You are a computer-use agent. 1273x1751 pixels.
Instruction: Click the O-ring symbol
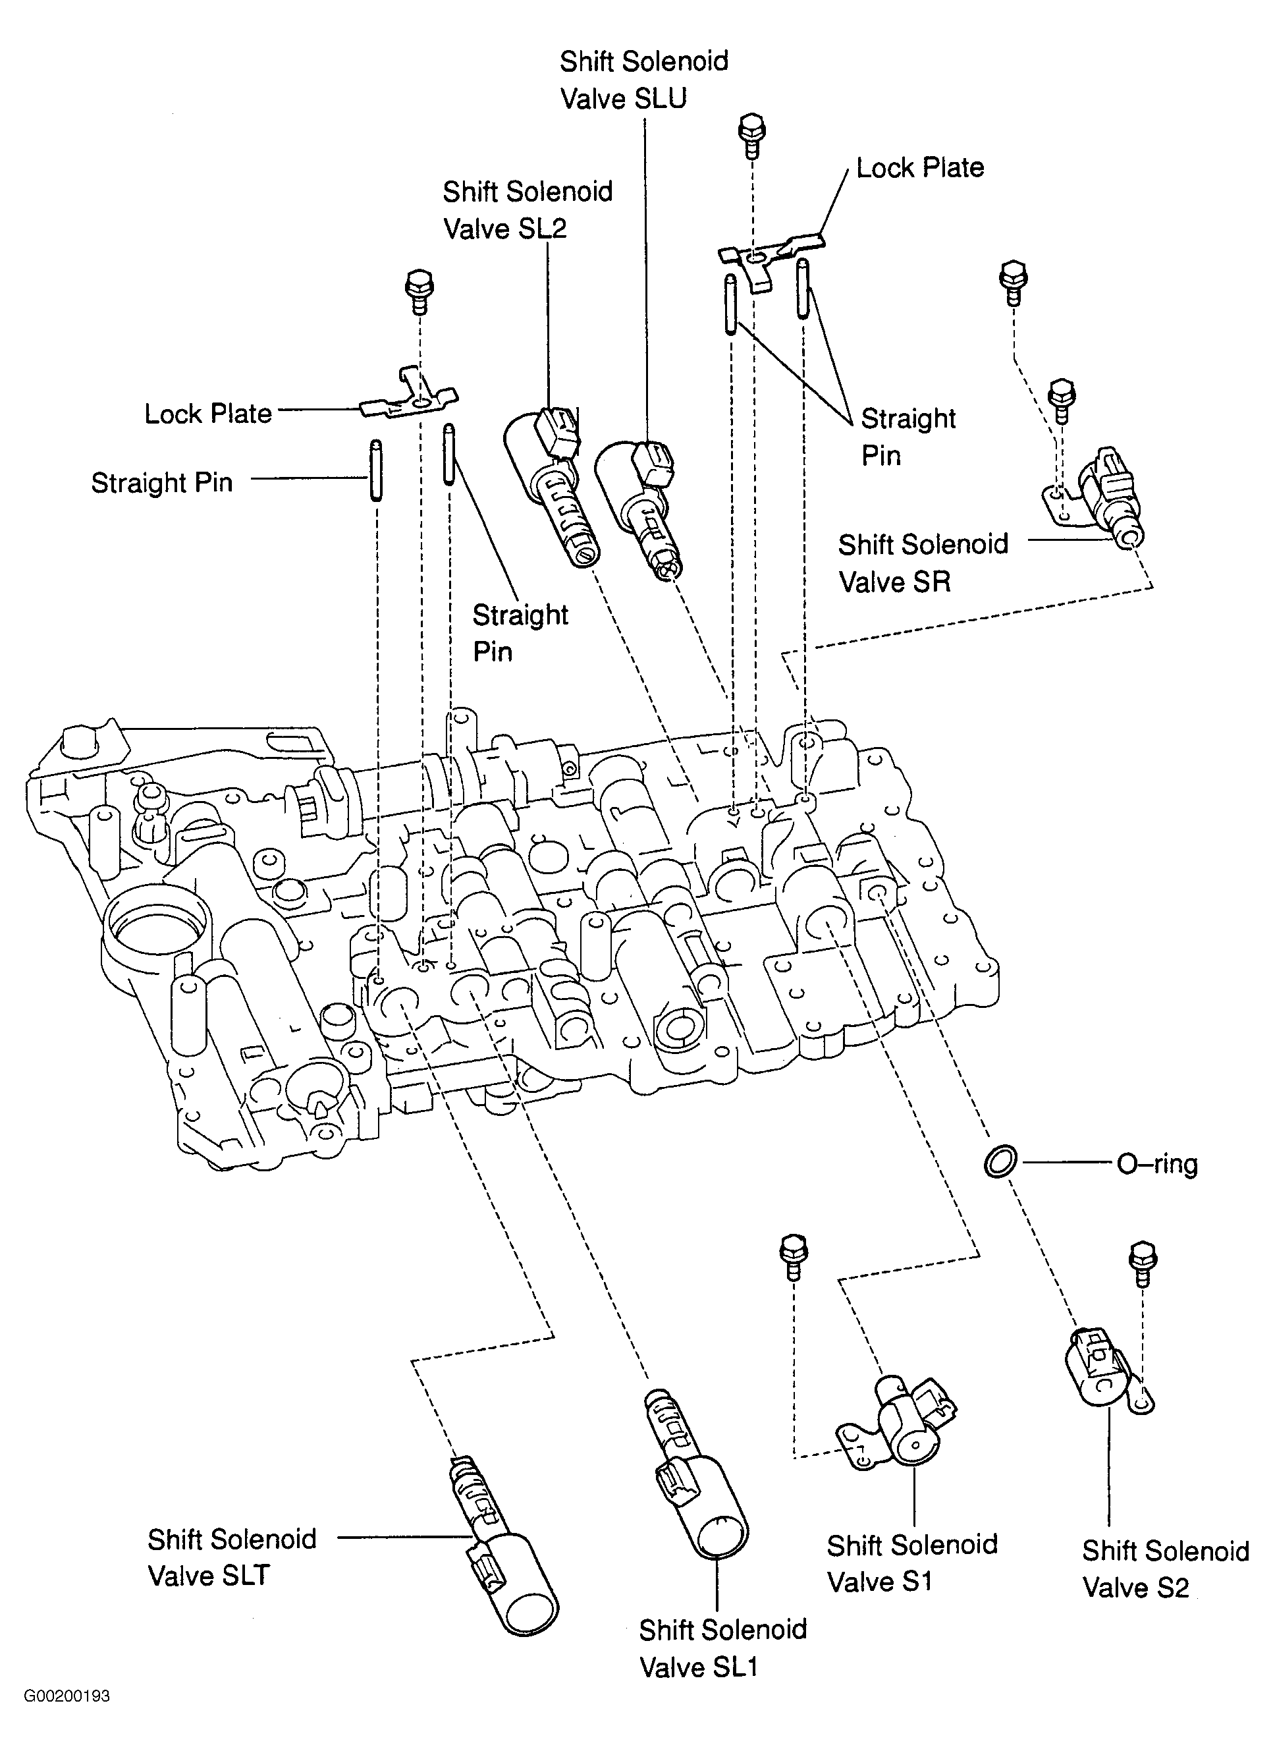point(1000,1162)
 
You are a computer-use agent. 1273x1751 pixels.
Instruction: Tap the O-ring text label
point(1156,1163)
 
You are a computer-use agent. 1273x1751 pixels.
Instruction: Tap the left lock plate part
point(410,399)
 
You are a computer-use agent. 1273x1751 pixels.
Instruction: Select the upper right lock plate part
point(772,255)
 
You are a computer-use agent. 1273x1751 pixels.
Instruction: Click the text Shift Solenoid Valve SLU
point(643,80)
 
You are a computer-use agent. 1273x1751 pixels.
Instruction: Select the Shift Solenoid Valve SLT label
point(232,1557)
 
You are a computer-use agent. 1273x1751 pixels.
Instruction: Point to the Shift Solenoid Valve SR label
point(923,563)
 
